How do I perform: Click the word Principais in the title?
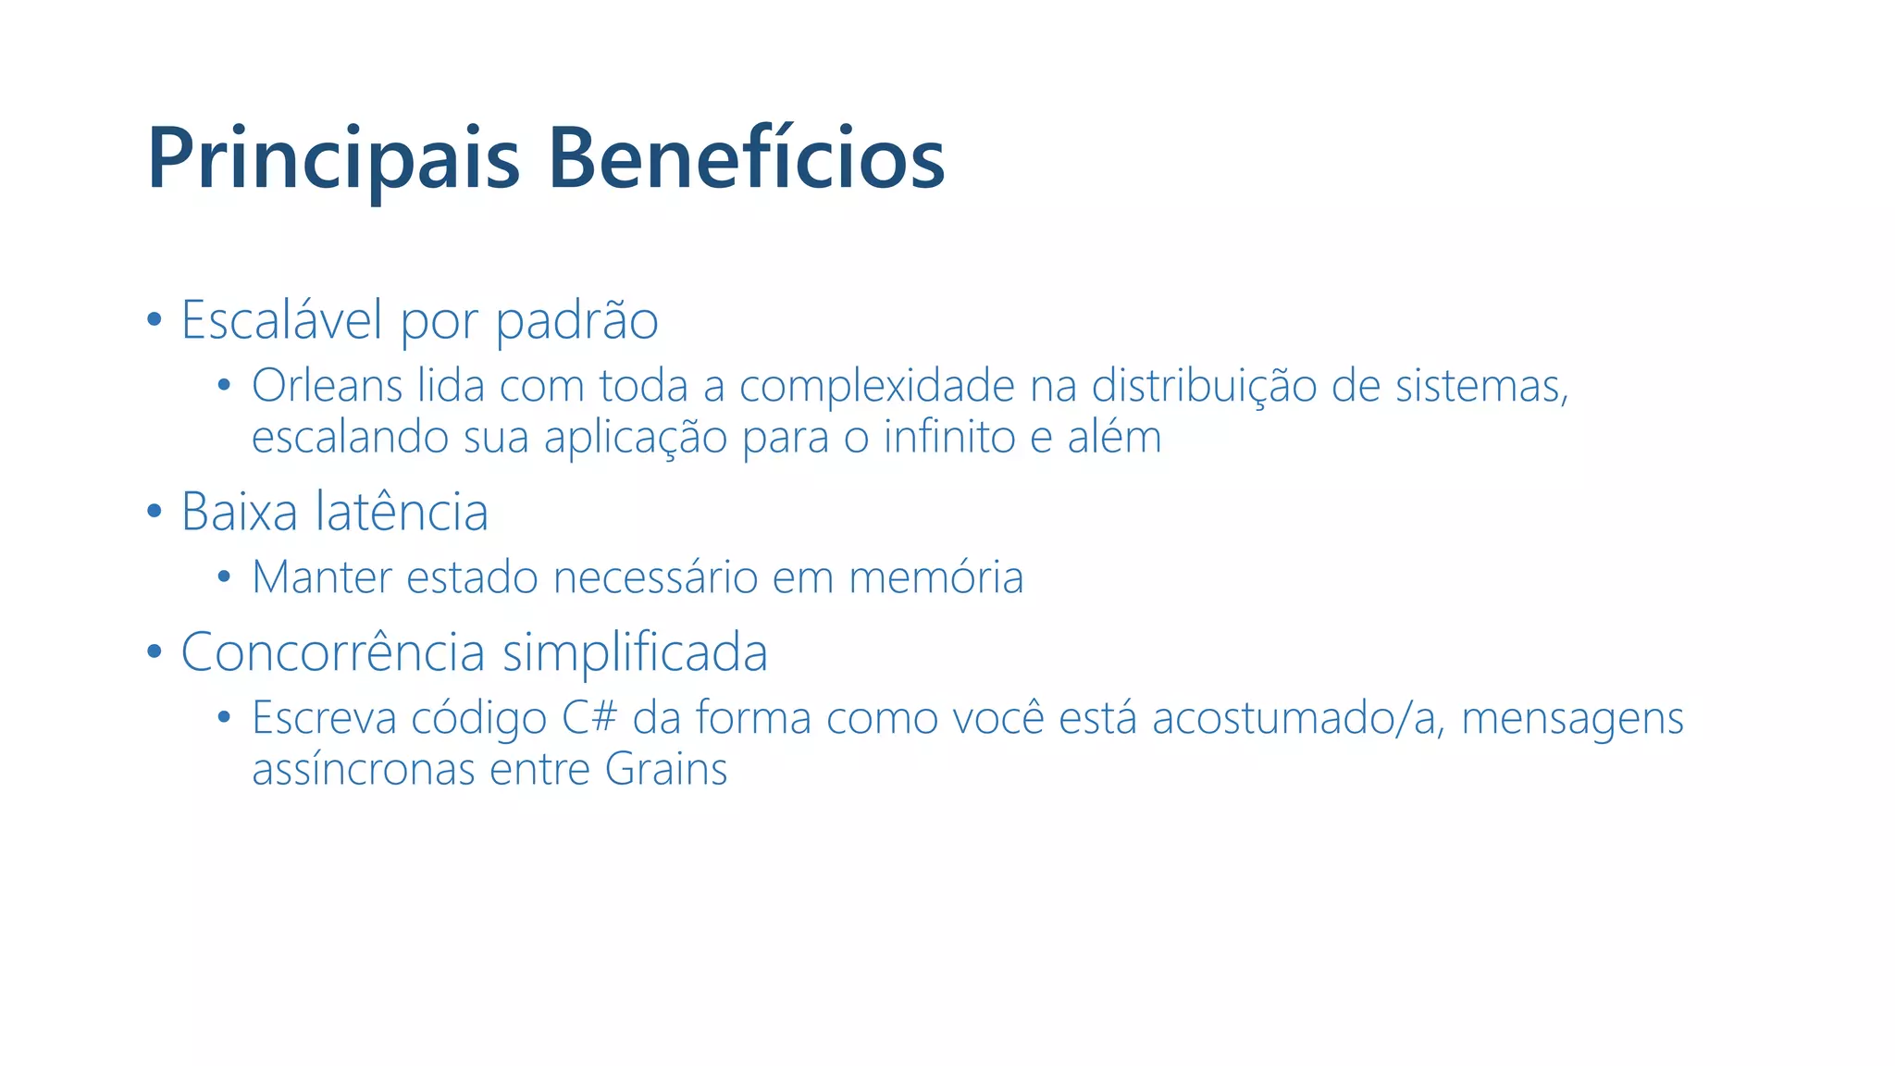[333, 159]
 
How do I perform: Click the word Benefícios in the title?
[746, 159]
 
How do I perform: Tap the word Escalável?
[281, 320]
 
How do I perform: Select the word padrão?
[576, 320]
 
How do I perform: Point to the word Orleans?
[327, 386]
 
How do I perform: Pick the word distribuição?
[1204, 386]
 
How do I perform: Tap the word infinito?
[949, 437]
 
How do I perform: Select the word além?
[1114, 437]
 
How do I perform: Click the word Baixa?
[240, 512]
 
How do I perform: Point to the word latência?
[402, 512]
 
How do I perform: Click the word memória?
[935, 577]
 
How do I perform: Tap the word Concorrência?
[332, 652]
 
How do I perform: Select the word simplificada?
[635, 652]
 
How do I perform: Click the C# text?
[589, 718]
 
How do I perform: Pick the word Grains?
[666, 769]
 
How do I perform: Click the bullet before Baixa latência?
[155, 512]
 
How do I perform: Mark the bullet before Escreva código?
[223, 717]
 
